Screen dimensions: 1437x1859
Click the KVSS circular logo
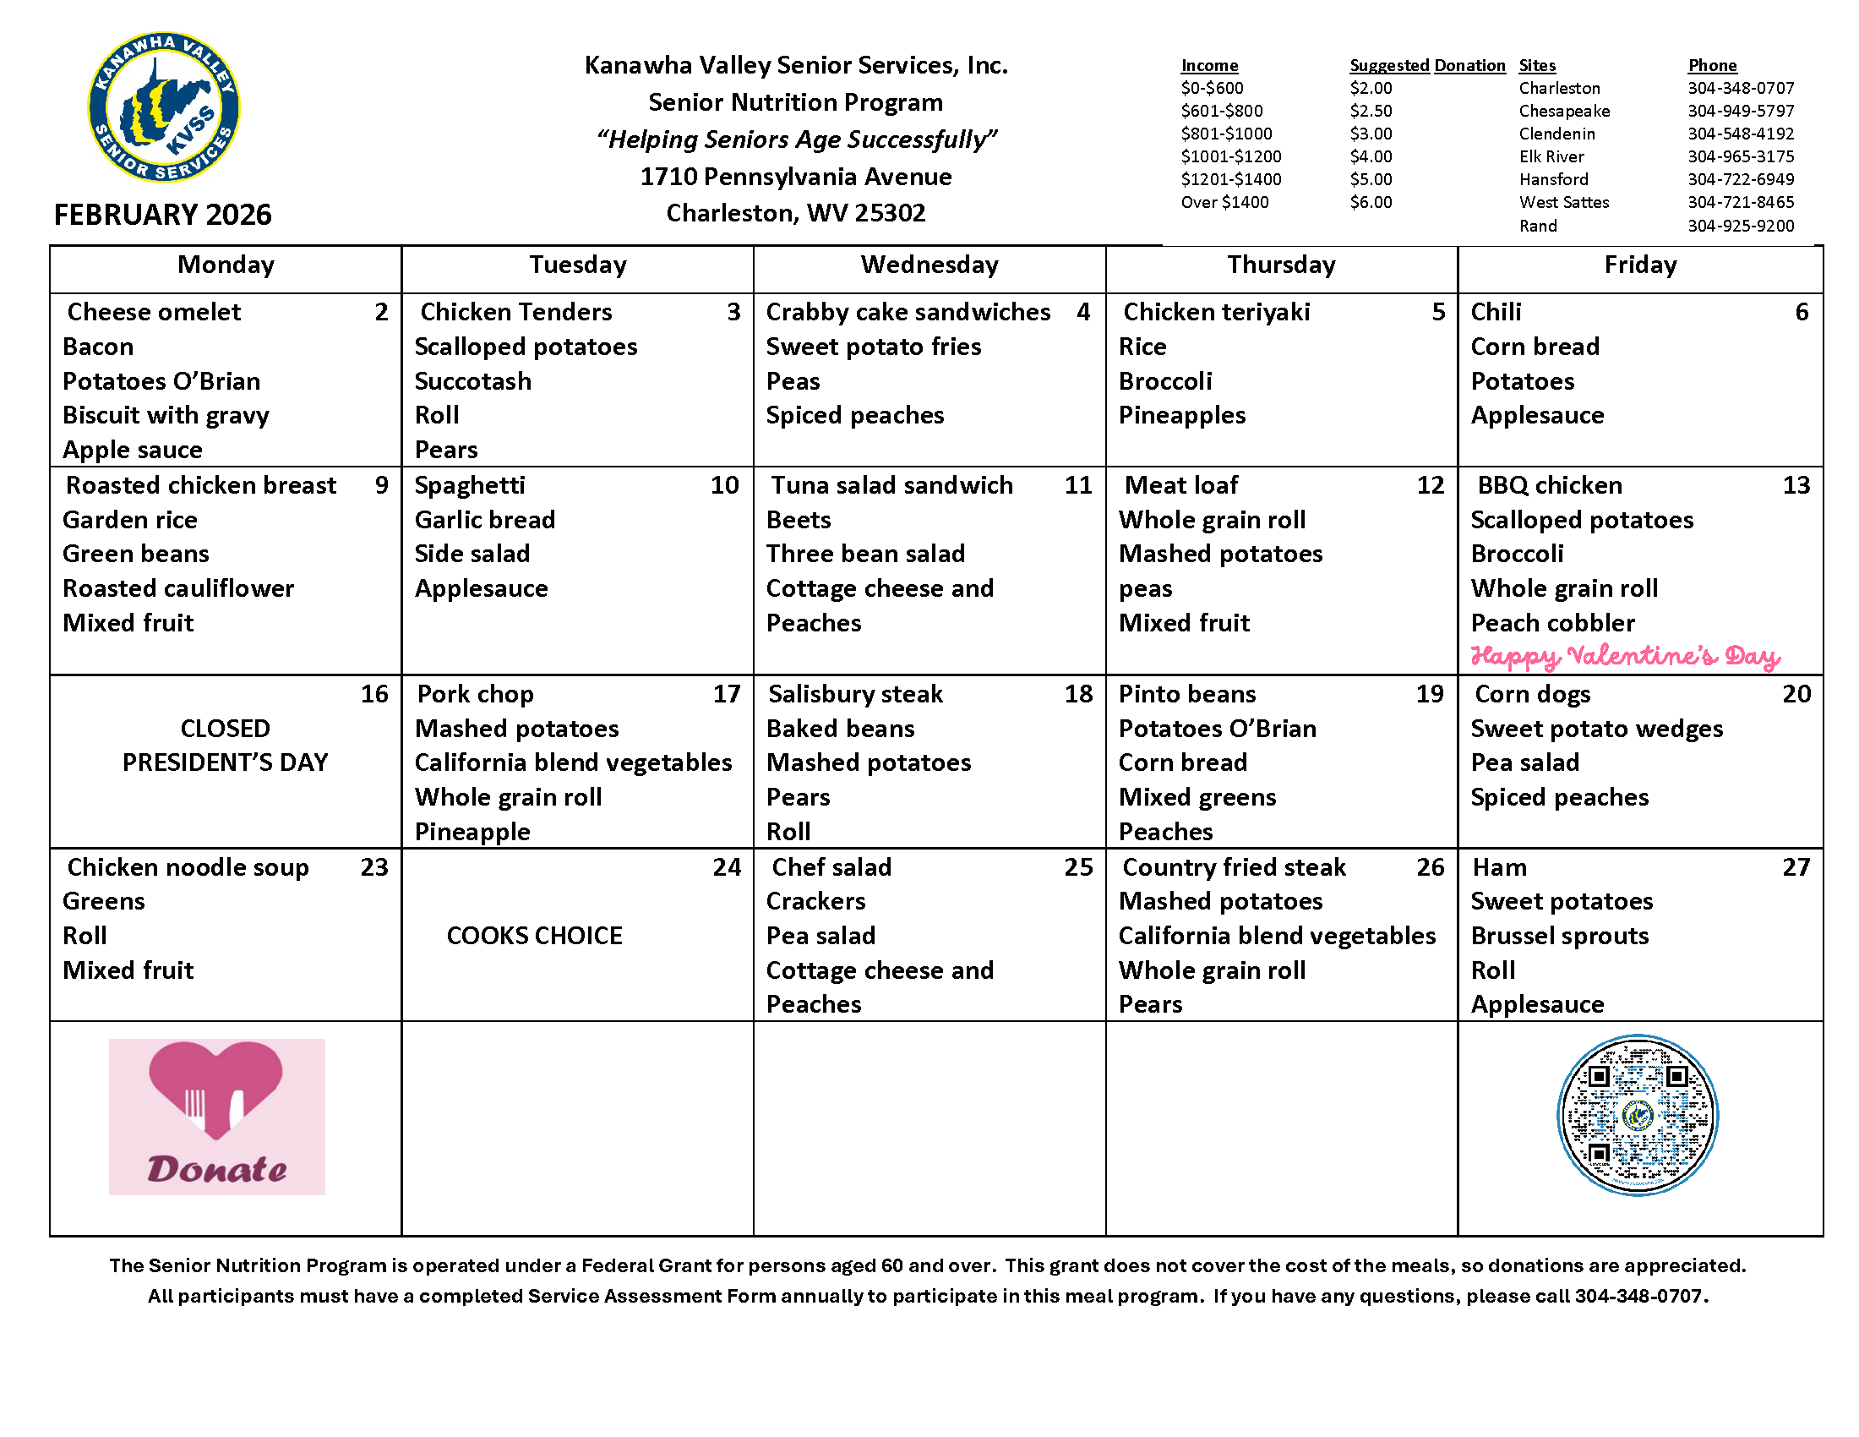click(163, 107)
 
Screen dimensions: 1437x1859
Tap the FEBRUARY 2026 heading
click(162, 215)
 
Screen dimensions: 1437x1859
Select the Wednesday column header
click(929, 265)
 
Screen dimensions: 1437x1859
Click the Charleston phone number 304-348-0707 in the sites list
click(1741, 89)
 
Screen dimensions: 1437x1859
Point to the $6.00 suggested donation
click(1371, 203)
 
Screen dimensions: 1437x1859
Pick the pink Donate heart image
click(216, 1116)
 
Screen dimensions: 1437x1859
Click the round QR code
click(1637, 1115)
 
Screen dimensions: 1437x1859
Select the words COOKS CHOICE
click(535, 936)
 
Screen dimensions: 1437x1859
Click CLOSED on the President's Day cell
click(225, 729)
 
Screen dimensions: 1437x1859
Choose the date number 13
click(1796, 485)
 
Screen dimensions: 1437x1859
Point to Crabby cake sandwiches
click(908, 313)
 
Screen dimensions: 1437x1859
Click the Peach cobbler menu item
click(1552, 623)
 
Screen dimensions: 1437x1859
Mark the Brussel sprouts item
click(1559, 936)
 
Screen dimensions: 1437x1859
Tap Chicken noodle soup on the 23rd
click(188, 867)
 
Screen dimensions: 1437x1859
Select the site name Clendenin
click(1556, 134)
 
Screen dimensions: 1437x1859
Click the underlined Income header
click(1208, 66)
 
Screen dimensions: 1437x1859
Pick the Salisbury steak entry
click(854, 695)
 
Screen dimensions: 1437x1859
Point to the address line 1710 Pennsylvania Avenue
click(795, 177)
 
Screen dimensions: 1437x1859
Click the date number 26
click(1430, 867)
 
